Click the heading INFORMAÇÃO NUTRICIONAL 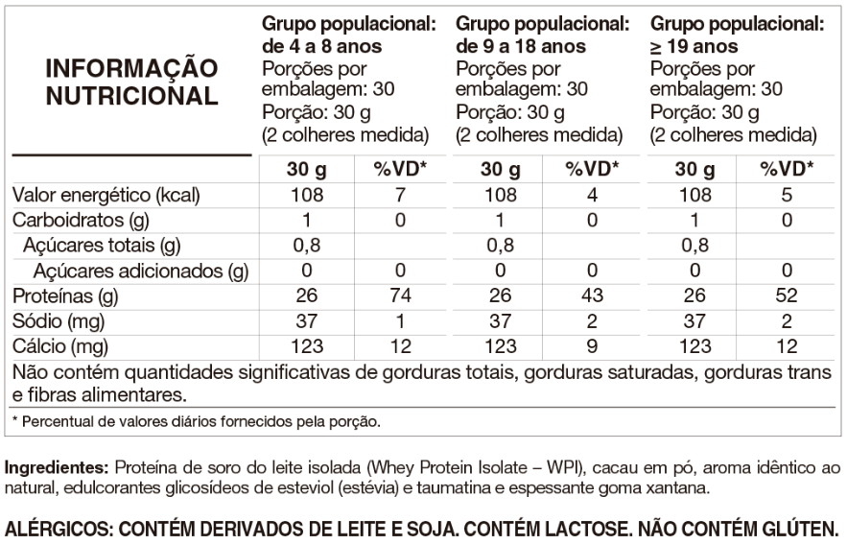click(132, 83)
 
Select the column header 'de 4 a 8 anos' click(321, 46)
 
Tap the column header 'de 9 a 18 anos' click(522, 46)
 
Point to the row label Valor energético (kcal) click(106, 196)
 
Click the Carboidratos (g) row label click(79, 221)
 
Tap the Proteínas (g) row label click(63, 296)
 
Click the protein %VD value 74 click(401, 296)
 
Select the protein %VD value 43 click(593, 296)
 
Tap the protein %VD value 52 click(787, 296)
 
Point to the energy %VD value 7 click(401, 196)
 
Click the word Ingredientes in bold click(57, 469)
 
